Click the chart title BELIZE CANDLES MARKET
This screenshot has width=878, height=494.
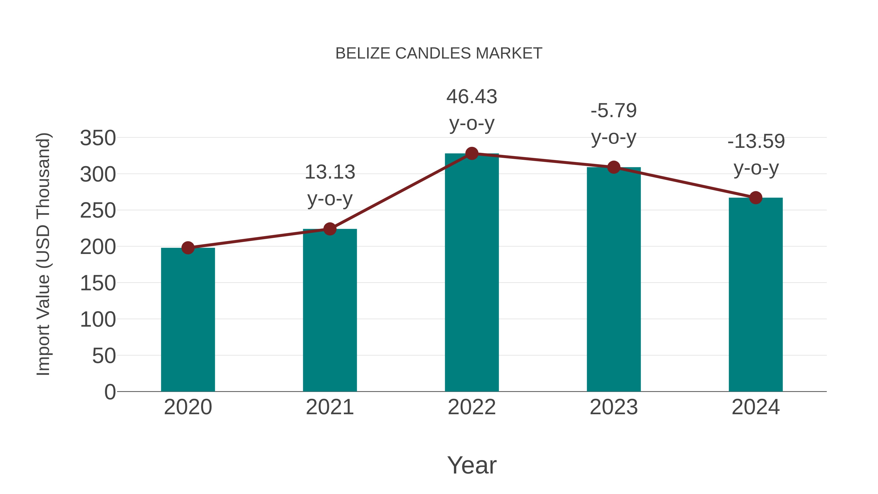pos(439,53)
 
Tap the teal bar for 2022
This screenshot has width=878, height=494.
pos(472,273)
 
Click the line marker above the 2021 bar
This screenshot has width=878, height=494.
pos(329,229)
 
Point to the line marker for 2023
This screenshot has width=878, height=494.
pos(614,167)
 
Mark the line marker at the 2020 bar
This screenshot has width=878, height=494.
pos(188,248)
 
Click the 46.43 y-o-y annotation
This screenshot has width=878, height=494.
pos(472,110)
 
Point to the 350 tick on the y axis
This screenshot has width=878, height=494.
pos(98,138)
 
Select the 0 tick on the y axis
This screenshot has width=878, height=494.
pos(110,392)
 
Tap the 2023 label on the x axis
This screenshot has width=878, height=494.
pos(614,407)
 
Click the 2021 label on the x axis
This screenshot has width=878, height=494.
pos(329,407)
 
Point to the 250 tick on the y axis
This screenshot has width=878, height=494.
pos(98,211)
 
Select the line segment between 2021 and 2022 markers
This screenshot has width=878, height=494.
pos(400,192)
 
